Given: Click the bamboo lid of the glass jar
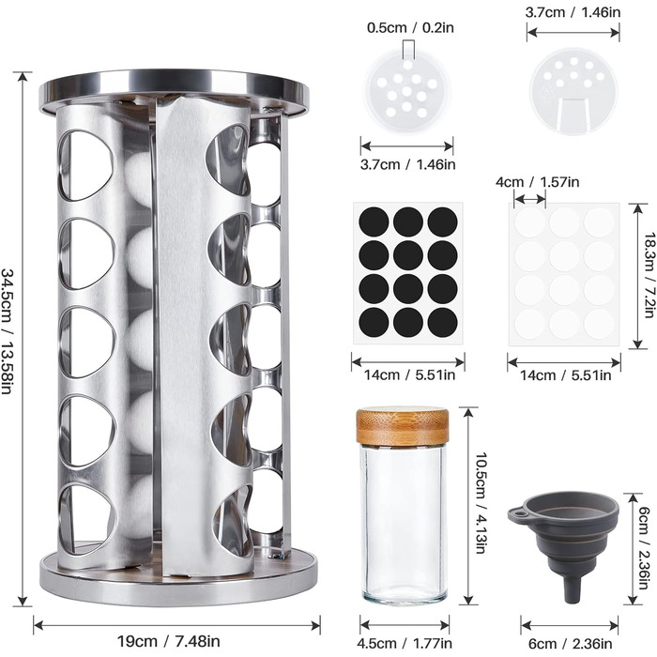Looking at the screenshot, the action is [403, 426].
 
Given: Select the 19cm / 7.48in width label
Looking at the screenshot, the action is [168, 641].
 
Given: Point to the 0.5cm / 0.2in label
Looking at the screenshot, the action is [410, 28].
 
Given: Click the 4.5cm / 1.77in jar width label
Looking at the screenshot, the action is [405, 643].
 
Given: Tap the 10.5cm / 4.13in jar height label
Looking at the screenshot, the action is [481, 502].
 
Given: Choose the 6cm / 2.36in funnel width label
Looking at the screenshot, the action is [571, 643].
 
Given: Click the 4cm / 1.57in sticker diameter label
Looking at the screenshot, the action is [537, 182].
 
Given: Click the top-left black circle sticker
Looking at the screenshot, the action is [374, 222].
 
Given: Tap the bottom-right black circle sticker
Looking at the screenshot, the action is [442, 322].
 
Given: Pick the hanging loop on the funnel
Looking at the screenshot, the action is [516, 512].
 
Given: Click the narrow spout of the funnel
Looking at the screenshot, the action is [572, 590].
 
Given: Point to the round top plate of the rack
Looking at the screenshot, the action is [175, 91].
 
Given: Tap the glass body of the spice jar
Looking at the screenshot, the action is [404, 524].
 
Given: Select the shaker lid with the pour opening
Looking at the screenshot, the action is [573, 90].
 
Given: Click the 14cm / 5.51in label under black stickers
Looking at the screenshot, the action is [409, 374].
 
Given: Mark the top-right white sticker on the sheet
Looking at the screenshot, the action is [599, 222].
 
